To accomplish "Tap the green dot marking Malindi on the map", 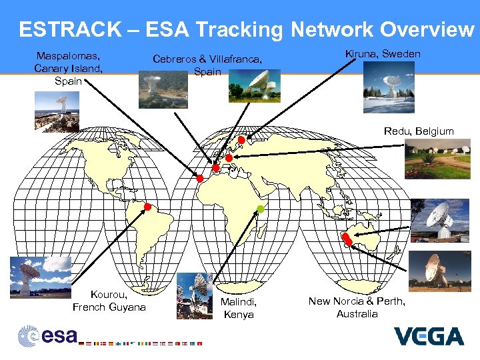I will (x=261, y=209).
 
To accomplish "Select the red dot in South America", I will (x=148, y=207).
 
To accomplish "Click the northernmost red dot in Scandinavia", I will (x=241, y=140).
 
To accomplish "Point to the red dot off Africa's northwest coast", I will (x=199, y=178).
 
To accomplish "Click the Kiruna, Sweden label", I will (x=383, y=53).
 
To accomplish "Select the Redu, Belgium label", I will (x=419, y=131).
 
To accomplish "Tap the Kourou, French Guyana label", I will (x=109, y=301).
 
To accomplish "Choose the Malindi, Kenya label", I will (x=239, y=308).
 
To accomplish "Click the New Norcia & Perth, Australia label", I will (x=357, y=307).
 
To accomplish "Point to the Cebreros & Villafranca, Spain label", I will (x=207, y=65).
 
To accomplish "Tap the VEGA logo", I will (x=429, y=336).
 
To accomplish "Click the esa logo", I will (x=47, y=335).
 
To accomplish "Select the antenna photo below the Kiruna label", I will (x=389, y=87).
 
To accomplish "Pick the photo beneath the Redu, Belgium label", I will (x=437, y=159).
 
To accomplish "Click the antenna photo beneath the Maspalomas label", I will (x=57, y=111).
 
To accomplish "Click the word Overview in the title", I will (x=427, y=29).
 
